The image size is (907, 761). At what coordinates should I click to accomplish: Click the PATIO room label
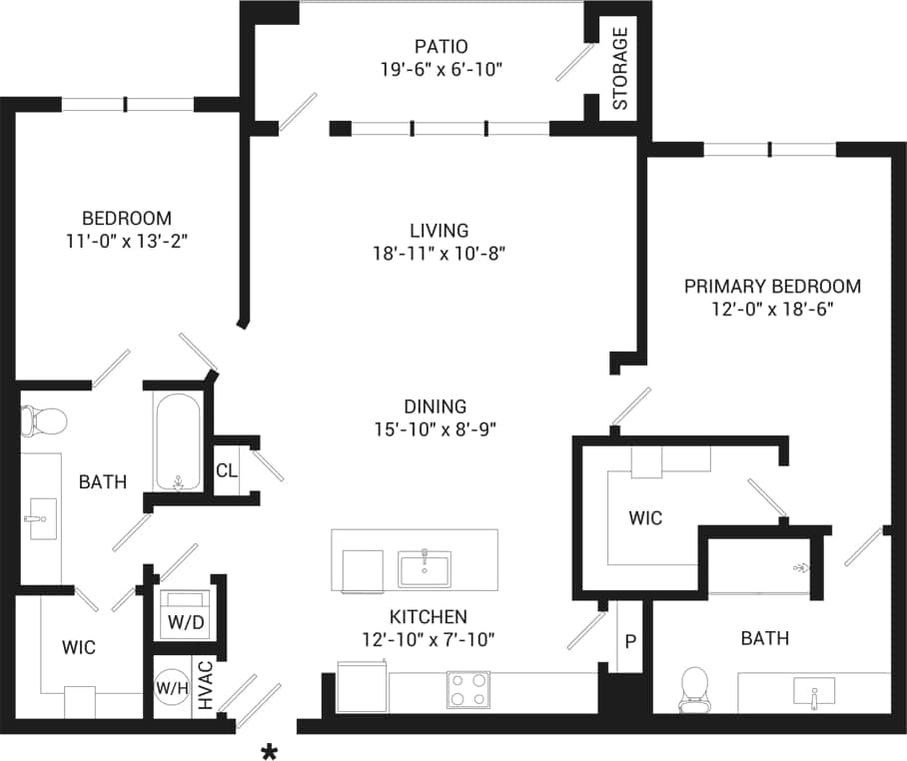pos(441,46)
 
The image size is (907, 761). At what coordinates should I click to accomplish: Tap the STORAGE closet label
pos(620,69)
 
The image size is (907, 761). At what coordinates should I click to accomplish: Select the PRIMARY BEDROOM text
pos(772,287)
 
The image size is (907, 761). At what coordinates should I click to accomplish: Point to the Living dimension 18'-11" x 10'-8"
pos(440,254)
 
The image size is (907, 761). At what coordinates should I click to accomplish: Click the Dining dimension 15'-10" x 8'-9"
pos(436,429)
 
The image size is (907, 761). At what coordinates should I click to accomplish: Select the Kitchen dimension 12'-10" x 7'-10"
pos(429,639)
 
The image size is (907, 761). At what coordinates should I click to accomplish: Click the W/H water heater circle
pos(170,688)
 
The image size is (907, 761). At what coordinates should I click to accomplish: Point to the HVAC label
pos(205,687)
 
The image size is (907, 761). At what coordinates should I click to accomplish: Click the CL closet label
pos(227,470)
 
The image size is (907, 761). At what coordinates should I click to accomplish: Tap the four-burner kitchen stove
pos(467,688)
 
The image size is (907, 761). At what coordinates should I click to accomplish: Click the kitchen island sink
pos(425,568)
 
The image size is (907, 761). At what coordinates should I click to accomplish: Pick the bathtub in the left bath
pos(178,440)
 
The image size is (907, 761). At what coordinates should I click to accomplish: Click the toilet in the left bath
pos(43,420)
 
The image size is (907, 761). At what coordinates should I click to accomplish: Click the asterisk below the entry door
pos(269,752)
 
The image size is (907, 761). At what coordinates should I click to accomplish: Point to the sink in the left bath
pos(40,518)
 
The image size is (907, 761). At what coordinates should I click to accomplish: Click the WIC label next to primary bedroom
pos(645,518)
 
